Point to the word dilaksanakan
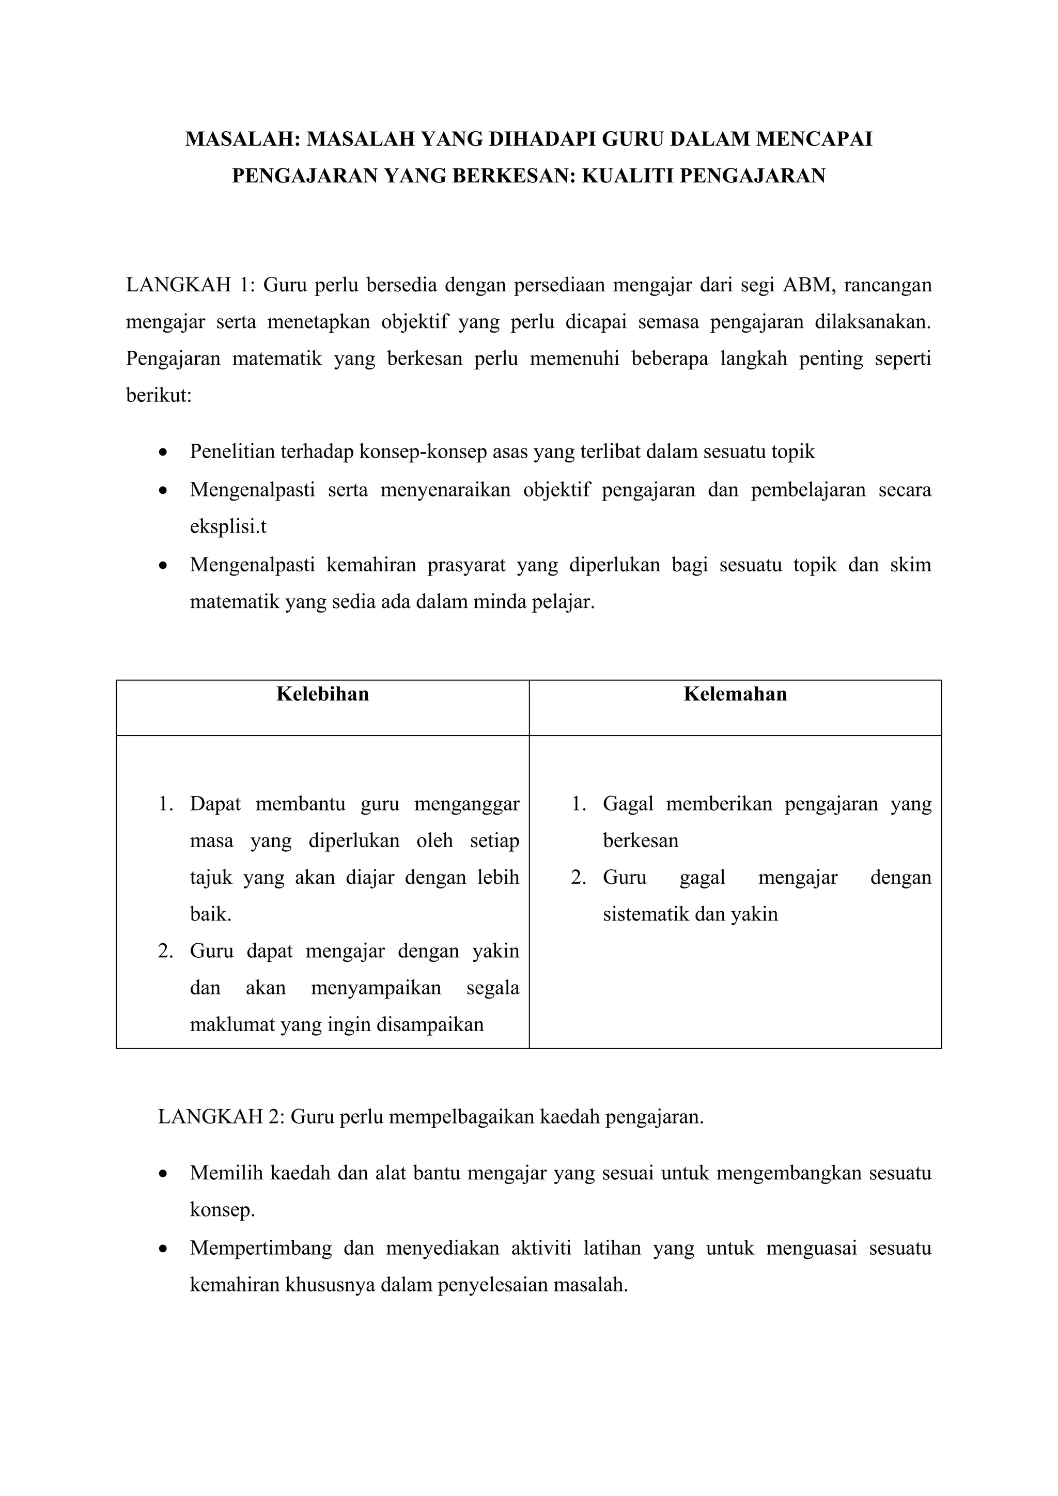(x=873, y=322)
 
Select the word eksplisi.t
(x=228, y=526)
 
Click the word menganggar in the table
(x=466, y=803)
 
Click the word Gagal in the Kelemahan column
(x=627, y=803)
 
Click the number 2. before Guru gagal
(x=579, y=877)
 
